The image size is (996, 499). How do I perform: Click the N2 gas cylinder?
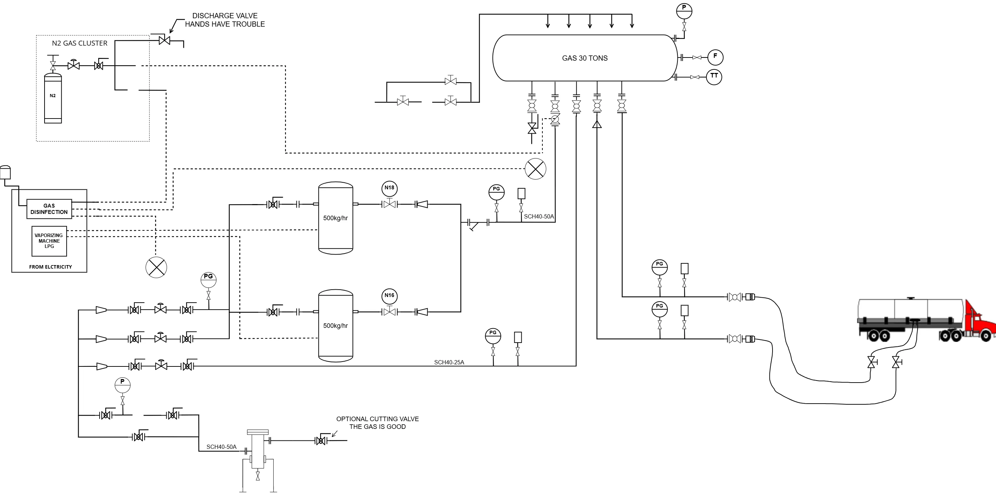pos(53,98)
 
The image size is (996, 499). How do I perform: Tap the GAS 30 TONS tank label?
pos(584,58)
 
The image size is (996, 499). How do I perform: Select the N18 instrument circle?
pos(389,188)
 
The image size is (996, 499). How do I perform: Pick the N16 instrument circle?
pos(389,296)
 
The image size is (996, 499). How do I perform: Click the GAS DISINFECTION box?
pos(49,209)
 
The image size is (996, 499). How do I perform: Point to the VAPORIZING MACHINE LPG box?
pos(49,241)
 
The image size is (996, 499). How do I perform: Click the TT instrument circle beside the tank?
pos(714,77)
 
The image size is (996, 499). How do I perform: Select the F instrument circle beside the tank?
pos(715,57)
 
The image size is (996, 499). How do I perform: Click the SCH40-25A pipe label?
pos(449,363)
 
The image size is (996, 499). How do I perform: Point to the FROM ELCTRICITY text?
pos(51,267)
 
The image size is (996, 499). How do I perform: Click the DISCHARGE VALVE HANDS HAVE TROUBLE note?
pos(225,20)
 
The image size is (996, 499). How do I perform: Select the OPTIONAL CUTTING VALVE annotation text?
pos(377,423)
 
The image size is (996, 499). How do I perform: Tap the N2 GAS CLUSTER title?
pos(80,43)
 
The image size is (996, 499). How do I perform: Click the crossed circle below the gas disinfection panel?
pos(156,267)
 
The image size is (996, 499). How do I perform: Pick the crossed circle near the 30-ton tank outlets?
pos(535,169)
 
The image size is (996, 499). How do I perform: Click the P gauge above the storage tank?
pos(684,11)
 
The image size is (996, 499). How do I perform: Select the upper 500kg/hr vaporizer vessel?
pos(335,218)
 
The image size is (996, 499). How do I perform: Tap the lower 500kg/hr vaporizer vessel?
pos(335,326)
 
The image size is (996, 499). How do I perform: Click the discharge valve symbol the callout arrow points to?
pos(164,40)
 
